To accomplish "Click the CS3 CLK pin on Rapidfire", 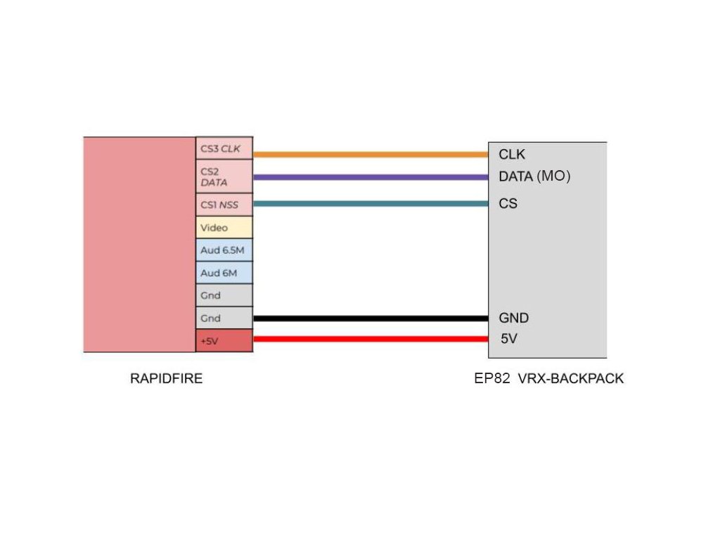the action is point(224,148).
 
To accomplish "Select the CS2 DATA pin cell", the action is point(224,176).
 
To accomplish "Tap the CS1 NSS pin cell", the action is point(224,205).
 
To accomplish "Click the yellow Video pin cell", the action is point(224,228).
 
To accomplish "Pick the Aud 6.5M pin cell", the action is point(224,250).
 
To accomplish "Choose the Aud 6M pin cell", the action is point(224,273).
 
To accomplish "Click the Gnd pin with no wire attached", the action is point(224,295).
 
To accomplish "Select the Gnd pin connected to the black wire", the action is point(224,318).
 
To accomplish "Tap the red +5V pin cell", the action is point(224,341).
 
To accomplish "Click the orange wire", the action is point(370,154).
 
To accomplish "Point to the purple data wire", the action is point(370,177).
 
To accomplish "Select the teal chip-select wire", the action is point(370,204).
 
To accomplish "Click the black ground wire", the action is point(370,318).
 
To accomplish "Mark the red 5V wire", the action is point(370,339).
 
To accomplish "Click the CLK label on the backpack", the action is point(512,154).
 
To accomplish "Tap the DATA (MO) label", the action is point(534,176).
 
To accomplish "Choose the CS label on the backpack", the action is point(508,204).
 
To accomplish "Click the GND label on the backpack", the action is point(514,318).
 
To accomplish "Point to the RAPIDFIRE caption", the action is point(167,378).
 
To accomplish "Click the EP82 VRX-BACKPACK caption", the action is point(549,378).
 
